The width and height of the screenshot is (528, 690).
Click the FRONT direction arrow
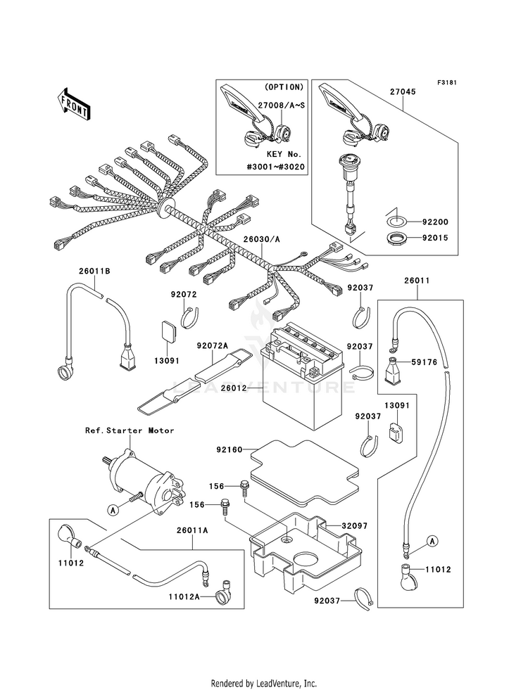pyautogui.click(x=74, y=105)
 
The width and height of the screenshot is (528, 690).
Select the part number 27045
pyautogui.click(x=403, y=92)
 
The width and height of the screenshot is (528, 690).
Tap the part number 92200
pyautogui.click(x=435, y=222)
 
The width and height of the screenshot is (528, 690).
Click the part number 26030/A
pyautogui.click(x=262, y=239)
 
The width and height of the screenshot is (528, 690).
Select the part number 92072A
pyautogui.click(x=213, y=346)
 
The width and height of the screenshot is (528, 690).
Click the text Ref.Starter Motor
pyautogui.click(x=130, y=430)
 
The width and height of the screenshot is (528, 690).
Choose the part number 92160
pyautogui.click(x=230, y=450)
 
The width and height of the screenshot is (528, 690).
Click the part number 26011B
pyautogui.click(x=94, y=271)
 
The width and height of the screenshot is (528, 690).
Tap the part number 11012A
pyautogui.click(x=184, y=596)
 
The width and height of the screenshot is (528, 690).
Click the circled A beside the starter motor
pyautogui.click(x=113, y=510)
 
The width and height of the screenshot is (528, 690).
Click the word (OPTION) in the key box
pyautogui.click(x=284, y=87)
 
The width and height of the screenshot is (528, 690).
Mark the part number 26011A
pyautogui.click(x=192, y=531)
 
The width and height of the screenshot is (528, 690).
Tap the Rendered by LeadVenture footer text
pyautogui.click(x=264, y=684)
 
